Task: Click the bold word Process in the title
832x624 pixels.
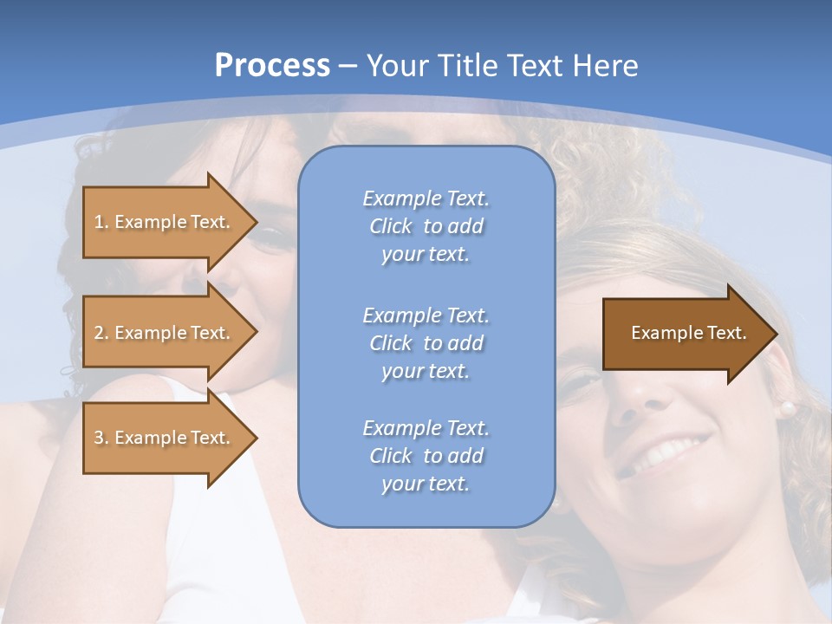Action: pyautogui.click(x=272, y=66)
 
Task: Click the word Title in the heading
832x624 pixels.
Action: pyautogui.click(x=459, y=66)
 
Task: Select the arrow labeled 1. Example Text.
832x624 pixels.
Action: pyautogui.click(x=165, y=222)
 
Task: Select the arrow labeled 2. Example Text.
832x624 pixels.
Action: pyautogui.click(x=165, y=333)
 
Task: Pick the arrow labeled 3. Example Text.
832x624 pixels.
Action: pyautogui.click(x=165, y=438)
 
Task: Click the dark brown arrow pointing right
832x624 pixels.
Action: pyautogui.click(x=685, y=334)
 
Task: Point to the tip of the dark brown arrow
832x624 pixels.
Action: pyautogui.click(x=776, y=334)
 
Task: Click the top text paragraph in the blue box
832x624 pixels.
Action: pyautogui.click(x=426, y=226)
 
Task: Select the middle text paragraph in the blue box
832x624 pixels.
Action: pyautogui.click(x=426, y=343)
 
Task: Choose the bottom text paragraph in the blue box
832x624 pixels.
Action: pyautogui.click(x=426, y=456)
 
